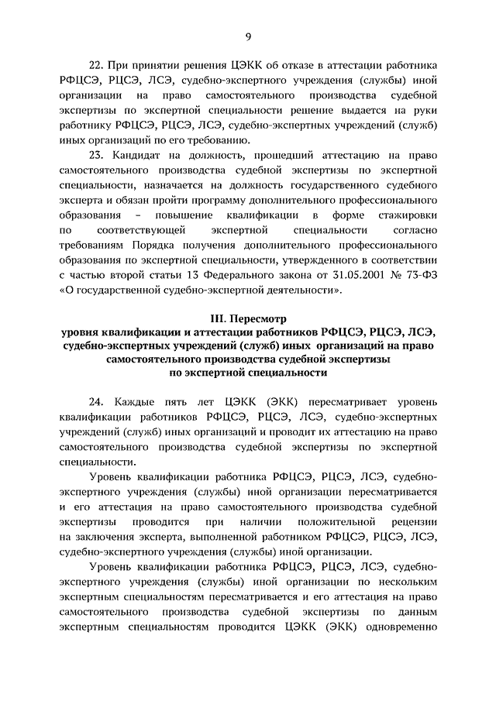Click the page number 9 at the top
pos(248,36)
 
